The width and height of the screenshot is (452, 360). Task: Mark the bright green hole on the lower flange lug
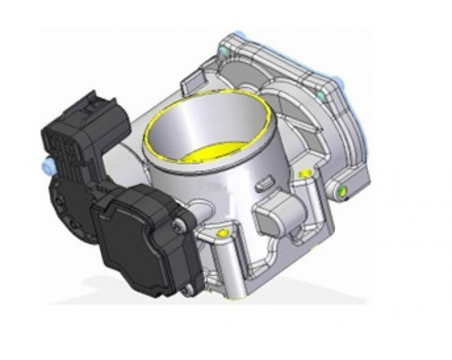pos(340,190)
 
